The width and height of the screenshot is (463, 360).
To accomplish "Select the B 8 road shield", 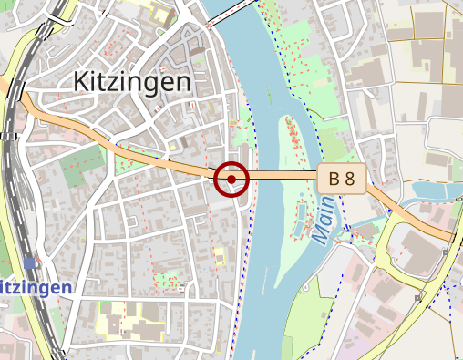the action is [342, 179].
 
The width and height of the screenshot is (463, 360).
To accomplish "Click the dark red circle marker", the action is [232, 179].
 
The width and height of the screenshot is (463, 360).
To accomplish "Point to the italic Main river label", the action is [324, 220].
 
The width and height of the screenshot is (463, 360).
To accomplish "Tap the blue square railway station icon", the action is [30, 263].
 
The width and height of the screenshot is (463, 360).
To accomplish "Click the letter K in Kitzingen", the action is [80, 82].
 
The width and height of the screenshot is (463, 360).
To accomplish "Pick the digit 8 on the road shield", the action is [349, 179].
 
